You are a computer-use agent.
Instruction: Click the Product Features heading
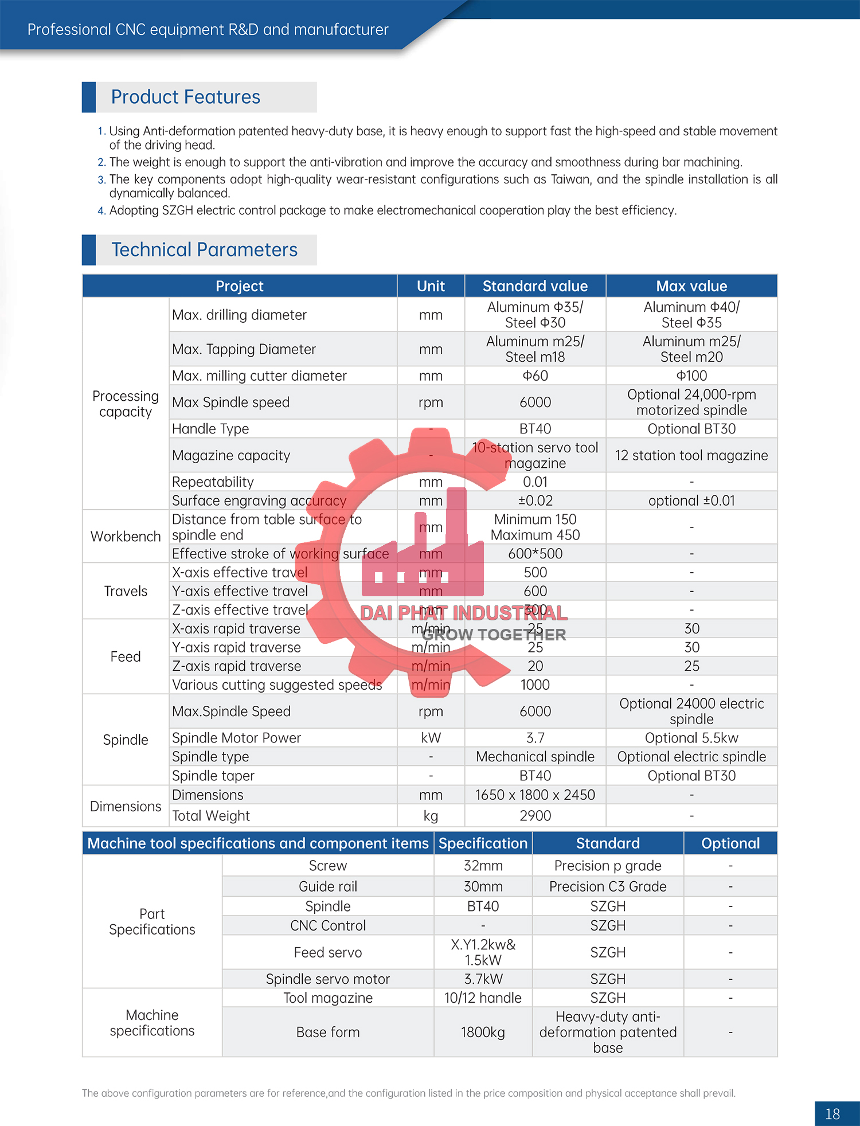(x=185, y=97)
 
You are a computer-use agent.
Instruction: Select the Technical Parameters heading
(x=204, y=250)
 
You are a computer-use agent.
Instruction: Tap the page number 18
(x=832, y=1113)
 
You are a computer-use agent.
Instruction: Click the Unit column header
(x=431, y=286)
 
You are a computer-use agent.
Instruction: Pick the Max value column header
(x=691, y=286)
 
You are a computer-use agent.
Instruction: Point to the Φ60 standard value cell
(x=535, y=376)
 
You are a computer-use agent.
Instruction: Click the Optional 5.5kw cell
(x=691, y=738)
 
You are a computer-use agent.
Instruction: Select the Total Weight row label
(x=211, y=816)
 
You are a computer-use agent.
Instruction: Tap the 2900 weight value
(x=535, y=816)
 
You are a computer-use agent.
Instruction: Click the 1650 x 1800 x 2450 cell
(x=535, y=795)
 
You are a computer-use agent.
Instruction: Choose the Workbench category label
(x=126, y=537)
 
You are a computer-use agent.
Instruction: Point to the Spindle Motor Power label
(x=236, y=738)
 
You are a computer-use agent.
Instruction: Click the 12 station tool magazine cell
(x=691, y=455)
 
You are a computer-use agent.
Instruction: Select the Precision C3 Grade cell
(x=608, y=886)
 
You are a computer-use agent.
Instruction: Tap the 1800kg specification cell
(x=483, y=1033)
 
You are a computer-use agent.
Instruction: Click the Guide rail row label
(x=327, y=886)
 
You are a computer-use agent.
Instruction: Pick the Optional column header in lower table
(x=730, y=843)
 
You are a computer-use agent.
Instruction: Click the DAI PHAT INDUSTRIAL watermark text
(x=464, y=613)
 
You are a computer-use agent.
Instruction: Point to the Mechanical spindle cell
(x=535, y=757)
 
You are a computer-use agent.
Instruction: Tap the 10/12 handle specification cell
(x=483, y=998)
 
